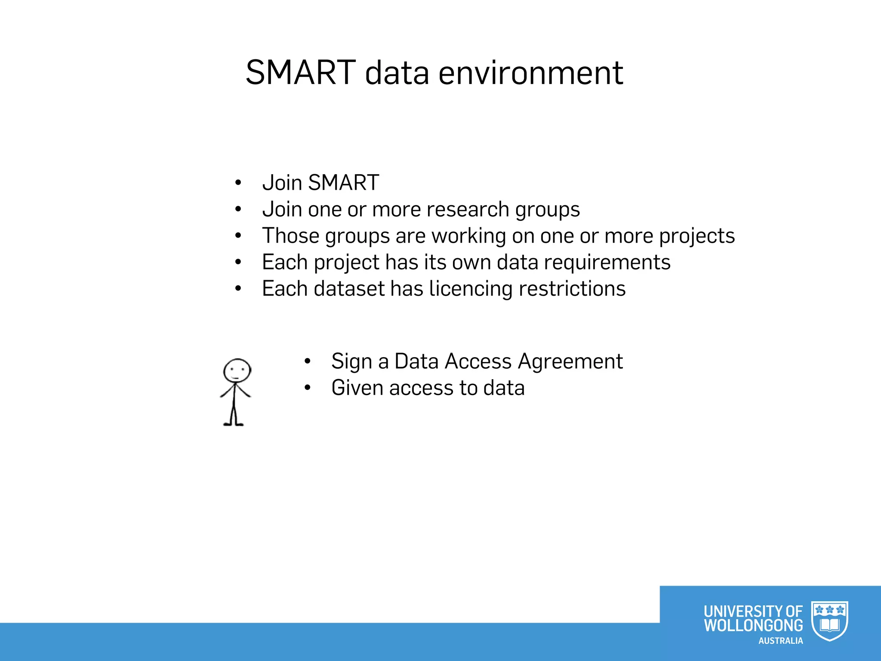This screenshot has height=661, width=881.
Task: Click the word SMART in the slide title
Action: coord(301,73)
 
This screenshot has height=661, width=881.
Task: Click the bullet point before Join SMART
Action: coord(238,183)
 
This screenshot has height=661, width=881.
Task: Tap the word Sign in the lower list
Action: coord(351,362)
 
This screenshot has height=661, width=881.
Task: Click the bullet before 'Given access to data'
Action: coord(307,388)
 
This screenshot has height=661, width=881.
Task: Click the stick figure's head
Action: coord(237,371)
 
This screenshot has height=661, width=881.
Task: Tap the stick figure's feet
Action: coord(234,424)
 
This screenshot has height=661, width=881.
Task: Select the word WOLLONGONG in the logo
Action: coord(753,625)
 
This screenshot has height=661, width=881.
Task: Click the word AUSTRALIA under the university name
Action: coord(780,641)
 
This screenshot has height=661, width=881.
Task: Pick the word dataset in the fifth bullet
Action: coord(349,289)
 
